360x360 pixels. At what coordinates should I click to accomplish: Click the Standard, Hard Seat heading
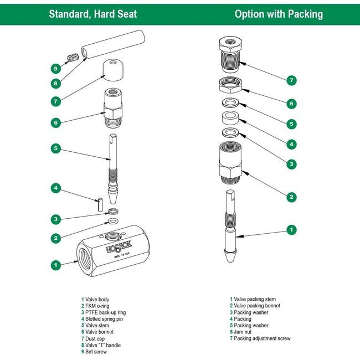pos(92,14)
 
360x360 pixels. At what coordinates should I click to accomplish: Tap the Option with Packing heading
pos(279,14)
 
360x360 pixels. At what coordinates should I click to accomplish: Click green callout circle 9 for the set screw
pos(55,69)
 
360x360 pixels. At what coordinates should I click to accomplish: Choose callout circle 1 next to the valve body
pos(55,265)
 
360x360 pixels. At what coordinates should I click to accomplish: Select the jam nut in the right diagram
pos(232,85)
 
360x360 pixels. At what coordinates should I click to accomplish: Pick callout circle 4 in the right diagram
pos(291,144)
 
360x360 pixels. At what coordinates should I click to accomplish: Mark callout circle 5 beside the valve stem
pos(55,148)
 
